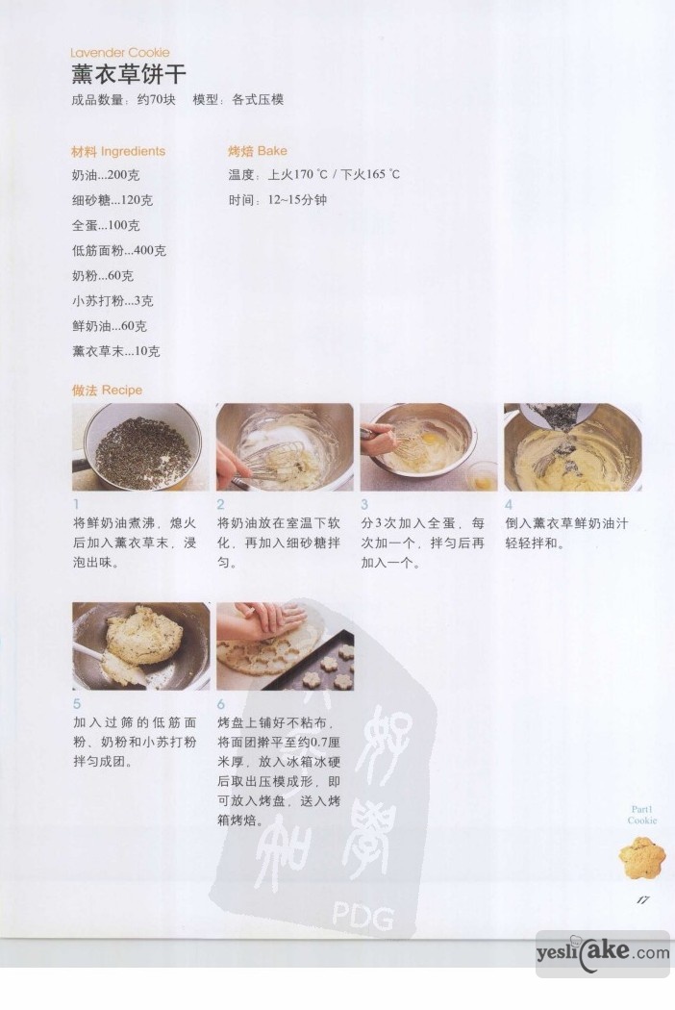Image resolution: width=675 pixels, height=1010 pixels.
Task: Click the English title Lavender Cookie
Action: (120, 53)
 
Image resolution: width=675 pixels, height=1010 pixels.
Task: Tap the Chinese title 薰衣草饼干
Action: (129, 75)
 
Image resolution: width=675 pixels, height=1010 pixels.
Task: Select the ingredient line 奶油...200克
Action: (106, 175)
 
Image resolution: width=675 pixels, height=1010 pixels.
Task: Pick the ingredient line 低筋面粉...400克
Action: (119, 250)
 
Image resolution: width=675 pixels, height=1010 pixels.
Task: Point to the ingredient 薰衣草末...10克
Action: (116, 351)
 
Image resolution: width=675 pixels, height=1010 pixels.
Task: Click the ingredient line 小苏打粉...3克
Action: (112, 301)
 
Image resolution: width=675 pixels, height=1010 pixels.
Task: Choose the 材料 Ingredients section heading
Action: (118, 151)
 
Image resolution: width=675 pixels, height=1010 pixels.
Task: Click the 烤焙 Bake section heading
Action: (258, 151)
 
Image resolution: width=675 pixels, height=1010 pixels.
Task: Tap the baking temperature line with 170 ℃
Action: (314, 174)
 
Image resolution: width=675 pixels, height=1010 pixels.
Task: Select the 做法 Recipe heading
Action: (107, 390)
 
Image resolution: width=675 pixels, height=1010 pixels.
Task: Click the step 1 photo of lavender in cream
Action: (140, 447)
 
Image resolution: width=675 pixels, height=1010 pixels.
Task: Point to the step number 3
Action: (364, 504)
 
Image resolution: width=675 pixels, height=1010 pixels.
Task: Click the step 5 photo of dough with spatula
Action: (141, 646)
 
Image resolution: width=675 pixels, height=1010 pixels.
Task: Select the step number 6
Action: (221, 704)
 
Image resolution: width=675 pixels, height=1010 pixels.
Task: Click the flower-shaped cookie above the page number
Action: (642, 857)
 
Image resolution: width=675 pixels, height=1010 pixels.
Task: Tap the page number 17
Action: (643, 899)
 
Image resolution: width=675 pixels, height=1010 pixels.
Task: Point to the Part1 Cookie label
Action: (642, 815)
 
